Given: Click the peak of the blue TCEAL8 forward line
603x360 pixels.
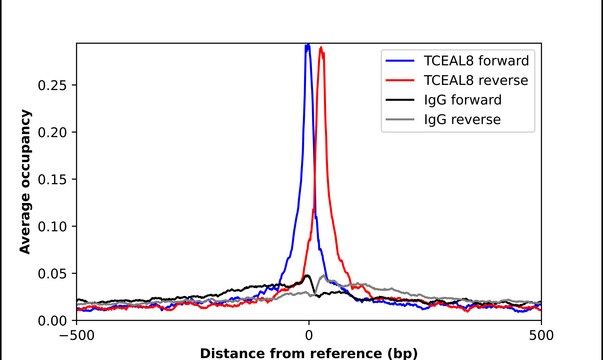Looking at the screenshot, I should tap(308, 45).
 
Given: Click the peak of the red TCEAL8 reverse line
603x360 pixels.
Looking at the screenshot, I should tap(321, 48).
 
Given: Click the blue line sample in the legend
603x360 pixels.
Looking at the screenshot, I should tap(396, 60).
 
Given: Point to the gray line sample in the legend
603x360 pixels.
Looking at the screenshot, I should tap(396, 120).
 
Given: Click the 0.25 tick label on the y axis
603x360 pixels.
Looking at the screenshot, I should tap(52, 85).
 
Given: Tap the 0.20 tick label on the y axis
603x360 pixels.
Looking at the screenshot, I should tap(52, 132).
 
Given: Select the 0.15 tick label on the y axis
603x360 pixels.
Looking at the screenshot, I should tap(52, 179).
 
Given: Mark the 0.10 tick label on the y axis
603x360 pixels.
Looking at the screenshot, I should tap(52, 226).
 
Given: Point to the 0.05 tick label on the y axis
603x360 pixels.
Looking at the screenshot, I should tap(52, 273).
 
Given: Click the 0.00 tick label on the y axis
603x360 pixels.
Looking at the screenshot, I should tap(52, 320).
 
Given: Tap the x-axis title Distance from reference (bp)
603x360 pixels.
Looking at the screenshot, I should tap(309, 352).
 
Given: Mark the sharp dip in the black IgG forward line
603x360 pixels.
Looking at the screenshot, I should tap(316, 294).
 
